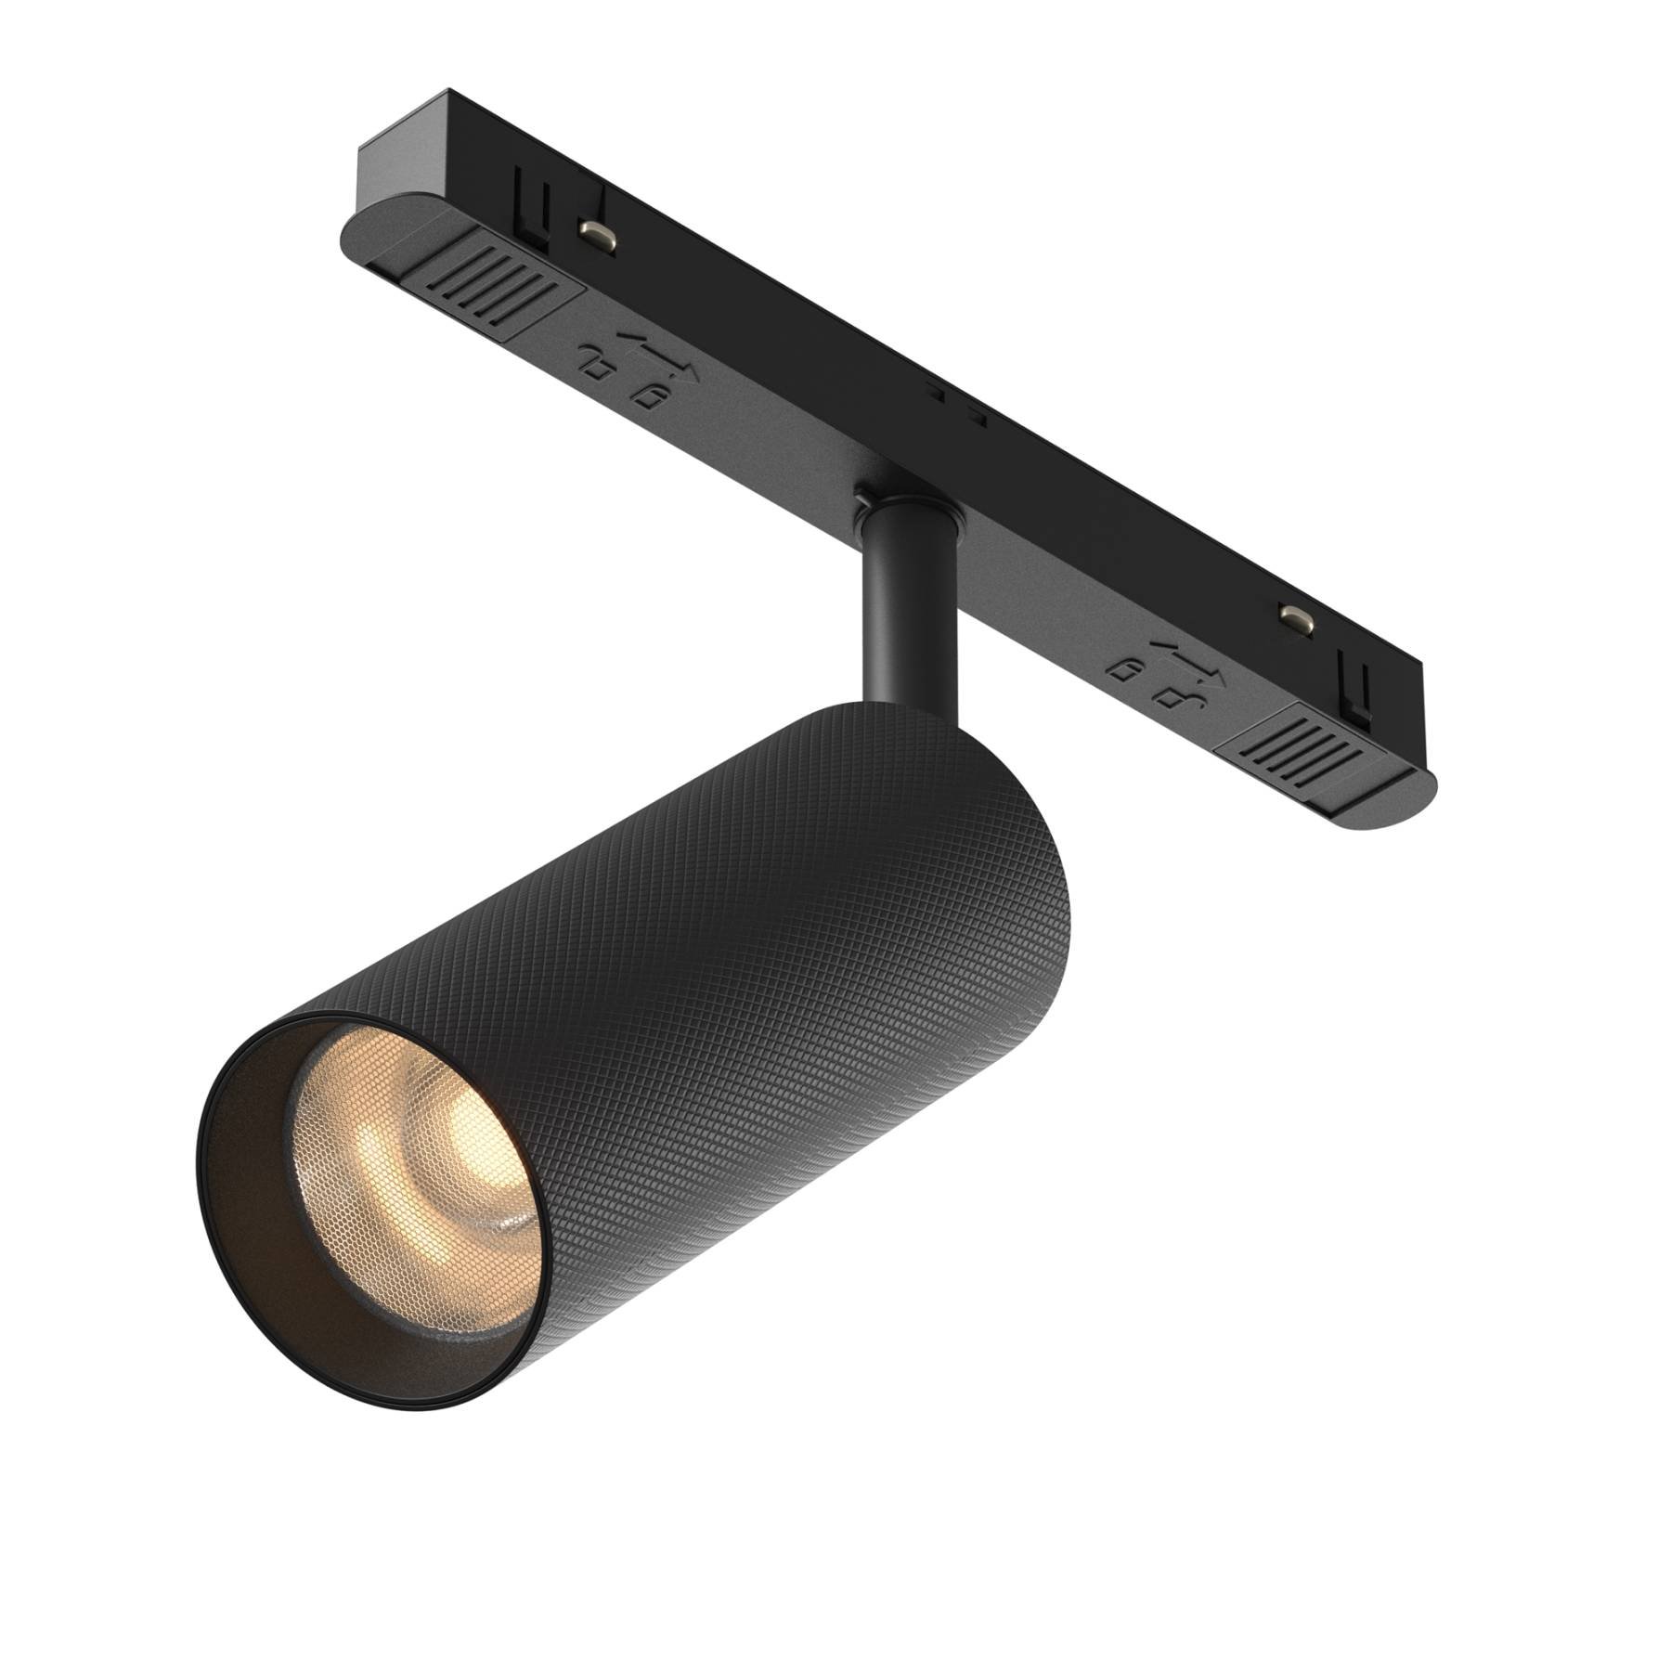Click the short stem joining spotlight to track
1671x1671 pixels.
907,613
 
